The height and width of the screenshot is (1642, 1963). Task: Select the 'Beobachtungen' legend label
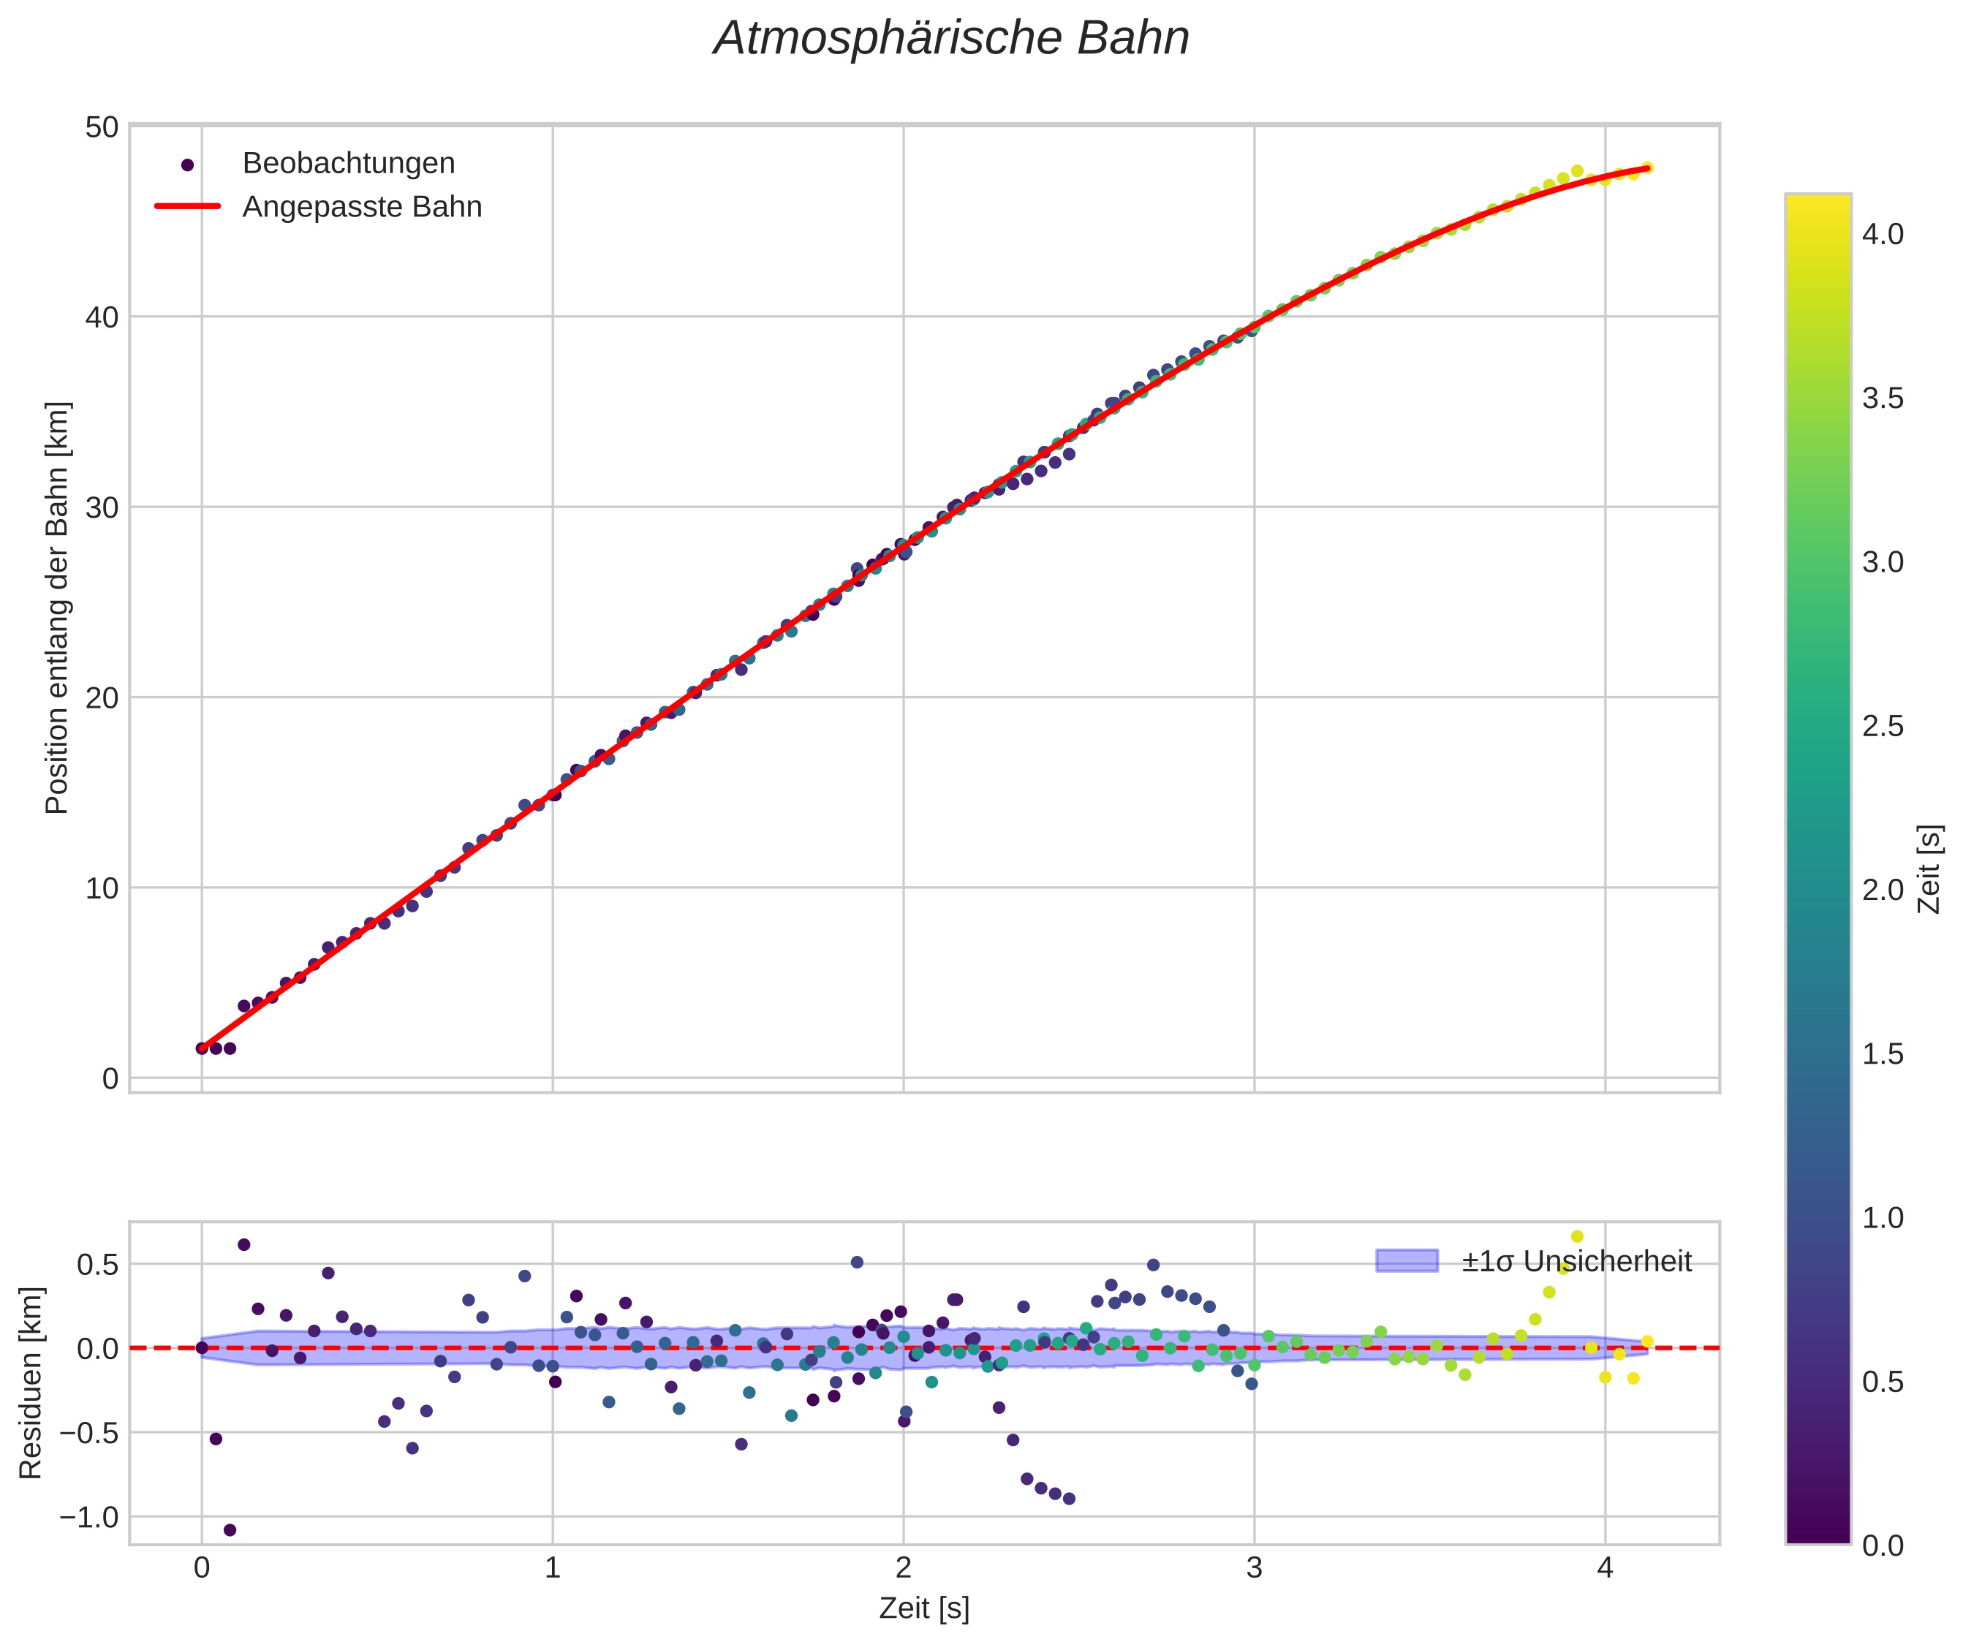tap(349, 164)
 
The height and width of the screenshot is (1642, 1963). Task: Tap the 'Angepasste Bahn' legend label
tap(362, 207)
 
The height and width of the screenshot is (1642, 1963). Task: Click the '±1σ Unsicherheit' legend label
tap(1576, 1262)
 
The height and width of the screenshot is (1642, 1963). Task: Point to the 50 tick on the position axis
tap(102, 127)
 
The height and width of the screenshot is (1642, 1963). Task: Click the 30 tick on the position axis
tap(102, 507)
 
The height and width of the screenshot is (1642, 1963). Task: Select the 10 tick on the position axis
tap(102, 888)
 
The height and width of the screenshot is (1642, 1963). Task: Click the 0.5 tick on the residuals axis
tap(97, 1265)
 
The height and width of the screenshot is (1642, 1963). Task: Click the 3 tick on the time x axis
tap(1255, 1567)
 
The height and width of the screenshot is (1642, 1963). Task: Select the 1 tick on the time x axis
tap(553, 1567)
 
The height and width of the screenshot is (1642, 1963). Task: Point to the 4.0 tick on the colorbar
tap(1883, 235)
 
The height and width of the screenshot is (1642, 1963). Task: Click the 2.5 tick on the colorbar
tap(1883, 726)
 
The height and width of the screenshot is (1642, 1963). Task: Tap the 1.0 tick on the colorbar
tap(1883, 1218)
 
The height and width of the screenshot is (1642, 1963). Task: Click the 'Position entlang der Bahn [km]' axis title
tap(57, 608)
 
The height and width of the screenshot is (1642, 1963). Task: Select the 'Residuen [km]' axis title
tap(31, 1383)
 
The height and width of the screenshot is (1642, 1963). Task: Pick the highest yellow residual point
tap(1577, 1236)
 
